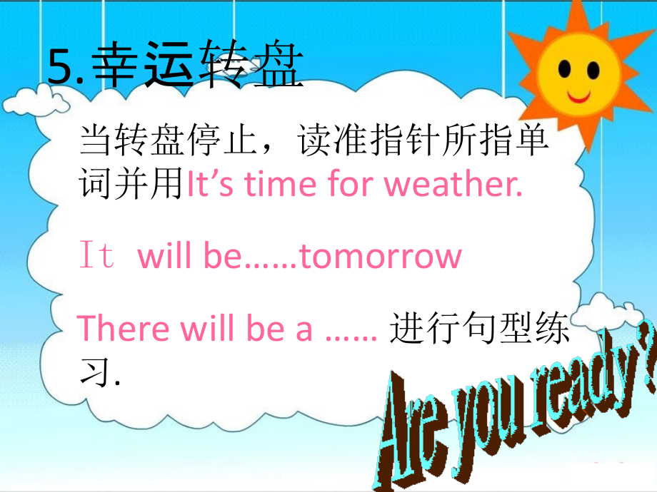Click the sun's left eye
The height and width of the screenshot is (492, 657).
[565, 69]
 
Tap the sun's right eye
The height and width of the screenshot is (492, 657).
[592, 69]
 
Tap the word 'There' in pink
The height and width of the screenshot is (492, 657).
[121, 329]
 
